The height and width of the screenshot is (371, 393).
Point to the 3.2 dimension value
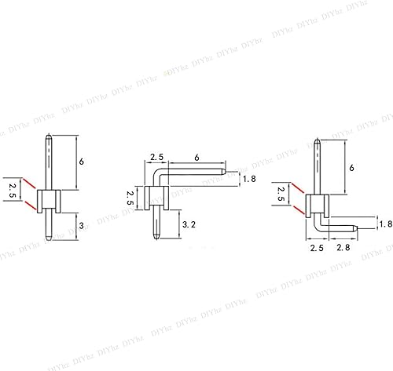189,224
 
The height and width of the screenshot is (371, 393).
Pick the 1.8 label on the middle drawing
250,179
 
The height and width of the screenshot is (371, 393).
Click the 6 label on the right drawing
352,168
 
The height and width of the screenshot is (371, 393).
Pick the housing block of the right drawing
316,206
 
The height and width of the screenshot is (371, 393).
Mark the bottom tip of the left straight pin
50,238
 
